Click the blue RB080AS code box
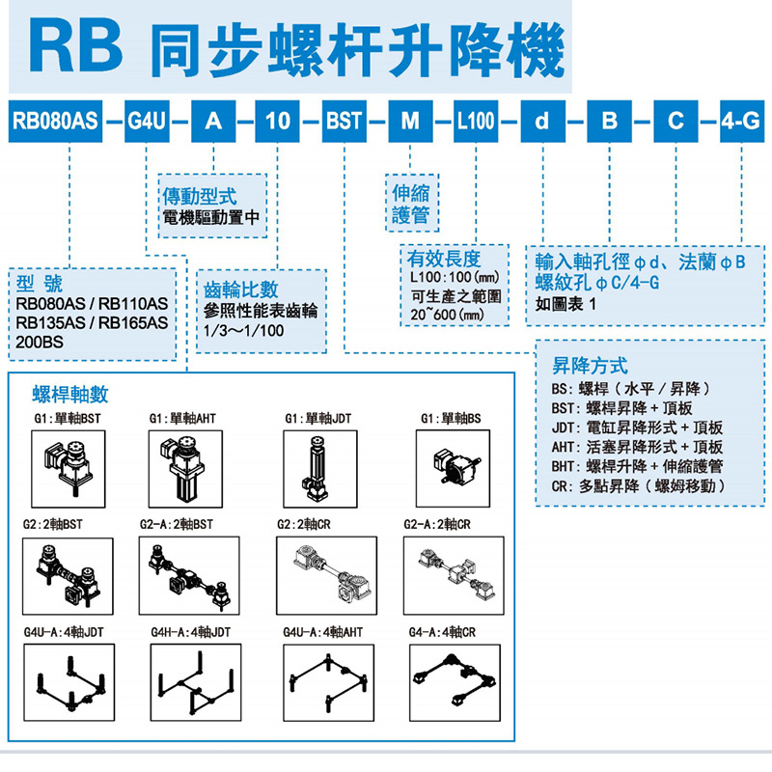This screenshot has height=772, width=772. [55, 122]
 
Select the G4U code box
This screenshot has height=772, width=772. [147, 122]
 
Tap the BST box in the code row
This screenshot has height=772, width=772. [344, 122]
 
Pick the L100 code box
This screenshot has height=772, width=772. [476, 122]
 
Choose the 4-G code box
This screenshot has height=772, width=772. [742, 122]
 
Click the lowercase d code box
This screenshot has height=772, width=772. [542, 122]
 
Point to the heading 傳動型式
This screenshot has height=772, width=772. [200, 197]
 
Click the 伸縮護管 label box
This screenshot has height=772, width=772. [412, 203]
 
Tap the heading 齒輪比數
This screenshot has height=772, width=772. [240, 289]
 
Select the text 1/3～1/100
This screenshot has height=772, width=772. [244, 330]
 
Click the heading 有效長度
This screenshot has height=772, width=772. [444, 259]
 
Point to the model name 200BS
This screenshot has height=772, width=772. [40, 342]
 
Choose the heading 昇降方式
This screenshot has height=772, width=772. [590, 366]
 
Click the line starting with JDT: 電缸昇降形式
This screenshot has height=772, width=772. [637, 427]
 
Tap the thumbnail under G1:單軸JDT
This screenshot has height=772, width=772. [320, 469]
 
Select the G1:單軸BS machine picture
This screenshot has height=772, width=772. [453, 468]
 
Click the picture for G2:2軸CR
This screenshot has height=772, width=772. [326, 575]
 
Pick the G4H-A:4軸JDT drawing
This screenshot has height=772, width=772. [196, 682]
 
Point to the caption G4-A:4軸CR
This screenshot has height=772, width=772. [442, 632]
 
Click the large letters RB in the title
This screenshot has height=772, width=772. [75, 46]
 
